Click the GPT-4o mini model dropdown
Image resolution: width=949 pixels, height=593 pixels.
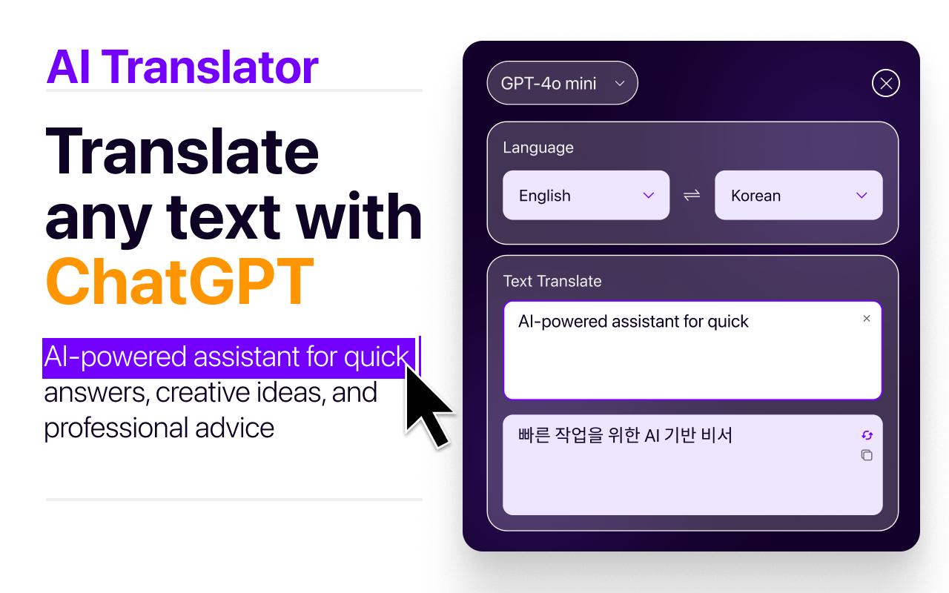(x=562, y=83)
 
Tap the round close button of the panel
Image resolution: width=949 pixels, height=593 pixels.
(x=885, y=83)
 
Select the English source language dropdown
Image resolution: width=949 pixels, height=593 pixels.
(x=586, y=195)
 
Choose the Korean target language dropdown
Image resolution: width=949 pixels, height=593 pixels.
(x=798, y=195)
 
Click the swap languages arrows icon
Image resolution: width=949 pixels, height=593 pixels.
(x=692, y=195)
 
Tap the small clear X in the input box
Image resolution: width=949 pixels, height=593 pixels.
(x=867, y=319)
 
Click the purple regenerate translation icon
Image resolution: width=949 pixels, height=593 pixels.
(x=867, y=435)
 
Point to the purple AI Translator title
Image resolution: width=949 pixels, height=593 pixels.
(x=182, y=67)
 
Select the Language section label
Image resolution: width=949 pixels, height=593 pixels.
(x=538, y=148)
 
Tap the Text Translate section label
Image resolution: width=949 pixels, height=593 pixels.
(x=552, y=281)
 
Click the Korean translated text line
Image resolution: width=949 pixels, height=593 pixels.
(x=625, y=435)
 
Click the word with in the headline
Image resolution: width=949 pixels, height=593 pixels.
(x=359, y=216)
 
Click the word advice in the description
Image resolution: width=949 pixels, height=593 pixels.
(x=235, y=428)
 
